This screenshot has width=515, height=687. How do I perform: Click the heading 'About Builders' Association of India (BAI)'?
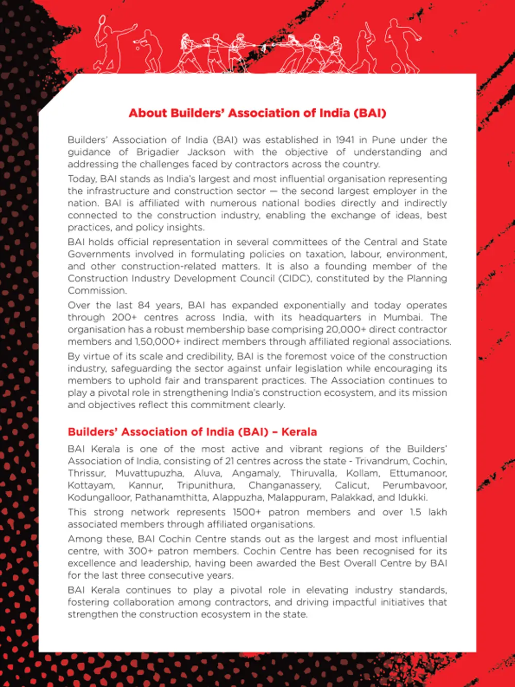(x=257, y=113)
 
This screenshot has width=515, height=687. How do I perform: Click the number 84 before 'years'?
(x=144, y=305)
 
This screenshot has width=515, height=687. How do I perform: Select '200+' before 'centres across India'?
(x=121, y=317)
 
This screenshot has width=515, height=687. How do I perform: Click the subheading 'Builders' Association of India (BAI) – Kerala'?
(x=192, y=432)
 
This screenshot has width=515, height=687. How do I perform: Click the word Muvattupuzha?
(x=149, y=473)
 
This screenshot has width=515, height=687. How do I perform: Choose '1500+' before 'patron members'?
(x=247, y=512)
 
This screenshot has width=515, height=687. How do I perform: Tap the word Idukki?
(x=413, y=497)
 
